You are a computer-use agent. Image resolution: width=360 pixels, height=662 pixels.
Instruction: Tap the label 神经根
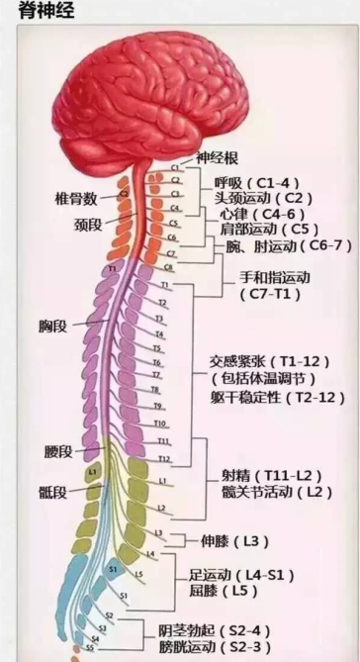[218, 157]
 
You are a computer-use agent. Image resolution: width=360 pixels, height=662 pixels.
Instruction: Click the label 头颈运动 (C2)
[254, 198]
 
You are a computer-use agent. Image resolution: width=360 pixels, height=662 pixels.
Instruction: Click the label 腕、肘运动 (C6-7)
[284, 245]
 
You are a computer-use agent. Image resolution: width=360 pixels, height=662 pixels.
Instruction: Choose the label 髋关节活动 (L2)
[272, 491]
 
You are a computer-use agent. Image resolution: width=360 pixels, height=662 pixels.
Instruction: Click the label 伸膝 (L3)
[227, 540]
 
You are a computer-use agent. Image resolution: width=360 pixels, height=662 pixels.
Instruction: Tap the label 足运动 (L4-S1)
[244, 574]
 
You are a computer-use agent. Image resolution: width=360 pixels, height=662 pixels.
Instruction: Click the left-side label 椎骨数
[74, 198]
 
